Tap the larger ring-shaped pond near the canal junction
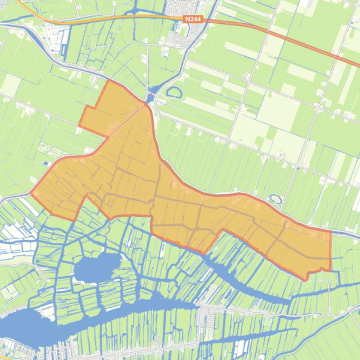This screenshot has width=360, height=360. click(174, 93)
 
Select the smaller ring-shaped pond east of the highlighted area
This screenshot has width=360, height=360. click(276, 199)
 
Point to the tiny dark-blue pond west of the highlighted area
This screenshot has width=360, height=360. click(45, 163)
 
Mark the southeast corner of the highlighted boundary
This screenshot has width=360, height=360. click(330, 270)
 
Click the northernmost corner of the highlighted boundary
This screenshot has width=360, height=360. click(109, 80)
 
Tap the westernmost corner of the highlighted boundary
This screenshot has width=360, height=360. click(31, 192)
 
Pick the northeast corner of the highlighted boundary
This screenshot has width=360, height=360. click(331, 231)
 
